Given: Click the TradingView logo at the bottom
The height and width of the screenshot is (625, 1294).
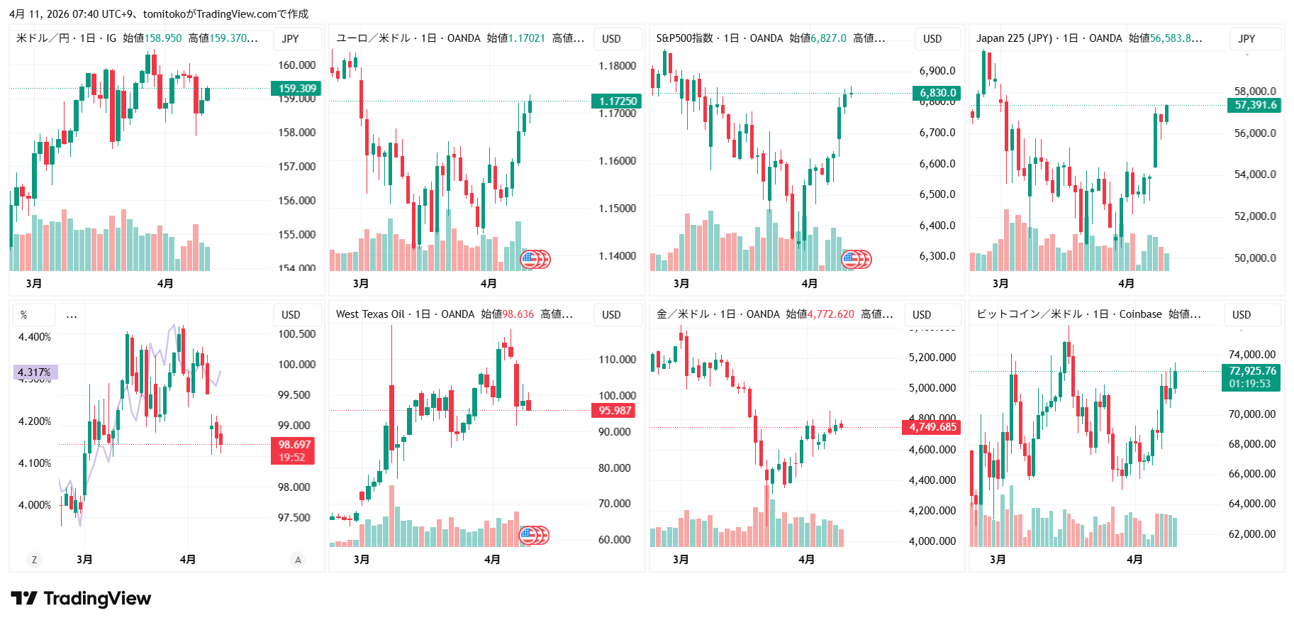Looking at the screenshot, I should point(81,599).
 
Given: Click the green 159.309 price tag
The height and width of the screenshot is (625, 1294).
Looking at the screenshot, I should point(296,89).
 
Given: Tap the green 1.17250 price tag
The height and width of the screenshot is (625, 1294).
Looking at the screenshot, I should point(617,101).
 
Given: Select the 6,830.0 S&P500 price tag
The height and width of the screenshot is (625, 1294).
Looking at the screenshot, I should point(937,93).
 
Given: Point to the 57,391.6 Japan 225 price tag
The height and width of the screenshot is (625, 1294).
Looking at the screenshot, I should point(1254,105).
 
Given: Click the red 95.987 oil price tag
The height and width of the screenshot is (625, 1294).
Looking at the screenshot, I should point(614,410).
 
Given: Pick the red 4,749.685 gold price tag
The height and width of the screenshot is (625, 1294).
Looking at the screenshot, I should point(932,427).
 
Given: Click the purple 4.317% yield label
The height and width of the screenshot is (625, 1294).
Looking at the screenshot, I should point(35,372).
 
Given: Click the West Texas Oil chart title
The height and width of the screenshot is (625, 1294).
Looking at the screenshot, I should point(369,314).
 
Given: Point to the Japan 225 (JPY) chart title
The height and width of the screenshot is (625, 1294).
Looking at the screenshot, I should point(1013,38).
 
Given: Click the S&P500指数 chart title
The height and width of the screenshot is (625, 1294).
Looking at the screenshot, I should point(684,38).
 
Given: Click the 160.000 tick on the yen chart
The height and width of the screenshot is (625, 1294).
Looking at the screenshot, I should point(296,65).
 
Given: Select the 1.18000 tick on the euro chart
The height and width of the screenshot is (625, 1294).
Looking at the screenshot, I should point(617,66).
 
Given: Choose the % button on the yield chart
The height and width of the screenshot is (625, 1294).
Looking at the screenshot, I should point(24,315).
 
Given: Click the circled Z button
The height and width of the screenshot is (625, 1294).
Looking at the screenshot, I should point(34,560).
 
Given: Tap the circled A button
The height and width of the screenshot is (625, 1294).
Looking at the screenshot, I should point(298,560).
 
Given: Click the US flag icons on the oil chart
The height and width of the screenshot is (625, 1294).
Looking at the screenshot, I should point(535,535).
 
